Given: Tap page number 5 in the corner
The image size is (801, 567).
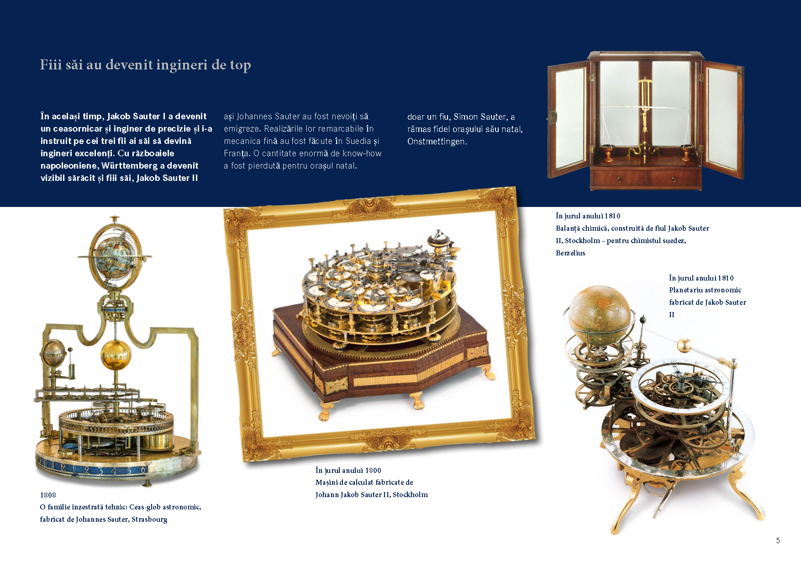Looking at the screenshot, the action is tap(778, 541).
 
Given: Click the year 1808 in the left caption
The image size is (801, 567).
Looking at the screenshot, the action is tap(48, 495).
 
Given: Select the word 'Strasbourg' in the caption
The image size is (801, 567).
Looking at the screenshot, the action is tap(149, 519).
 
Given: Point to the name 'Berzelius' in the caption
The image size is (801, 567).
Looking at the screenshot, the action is tap(570, 253).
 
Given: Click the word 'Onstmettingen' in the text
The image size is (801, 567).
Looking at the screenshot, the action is tap(436, 142).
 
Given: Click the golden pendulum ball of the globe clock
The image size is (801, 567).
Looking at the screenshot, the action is tap(116, 353).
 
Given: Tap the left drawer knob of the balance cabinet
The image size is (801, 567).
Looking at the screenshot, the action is tap(618, 180).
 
